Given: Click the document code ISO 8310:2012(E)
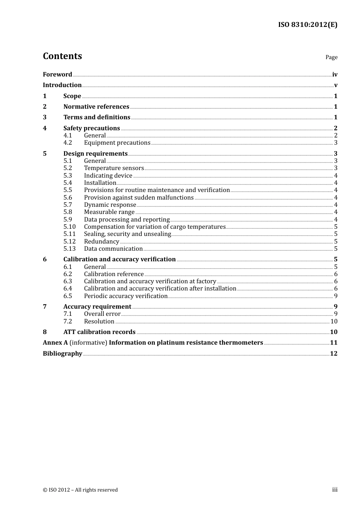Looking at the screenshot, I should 307,25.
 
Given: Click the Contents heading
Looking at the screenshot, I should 62,56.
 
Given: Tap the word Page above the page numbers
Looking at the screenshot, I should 331,57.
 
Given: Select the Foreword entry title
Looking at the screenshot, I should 57,74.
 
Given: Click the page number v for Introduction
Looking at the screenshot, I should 335,85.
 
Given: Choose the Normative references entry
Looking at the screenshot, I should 96,107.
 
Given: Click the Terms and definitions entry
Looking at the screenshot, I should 97,117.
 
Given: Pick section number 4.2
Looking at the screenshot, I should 67,143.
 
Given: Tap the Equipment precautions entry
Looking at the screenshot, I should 117,143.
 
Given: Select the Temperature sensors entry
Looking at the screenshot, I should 114,168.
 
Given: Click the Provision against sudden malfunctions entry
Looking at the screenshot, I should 139,197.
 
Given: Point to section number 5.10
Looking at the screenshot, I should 69,227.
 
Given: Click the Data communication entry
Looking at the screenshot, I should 113,249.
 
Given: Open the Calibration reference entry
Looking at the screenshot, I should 114,274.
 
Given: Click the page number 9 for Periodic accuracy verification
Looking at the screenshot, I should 335,296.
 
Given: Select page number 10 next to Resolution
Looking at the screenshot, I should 333,322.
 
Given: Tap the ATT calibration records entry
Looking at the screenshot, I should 99,332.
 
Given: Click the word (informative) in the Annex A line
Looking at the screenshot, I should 88,343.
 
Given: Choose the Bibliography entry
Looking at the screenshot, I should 63,354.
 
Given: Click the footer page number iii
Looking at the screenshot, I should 335,490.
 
